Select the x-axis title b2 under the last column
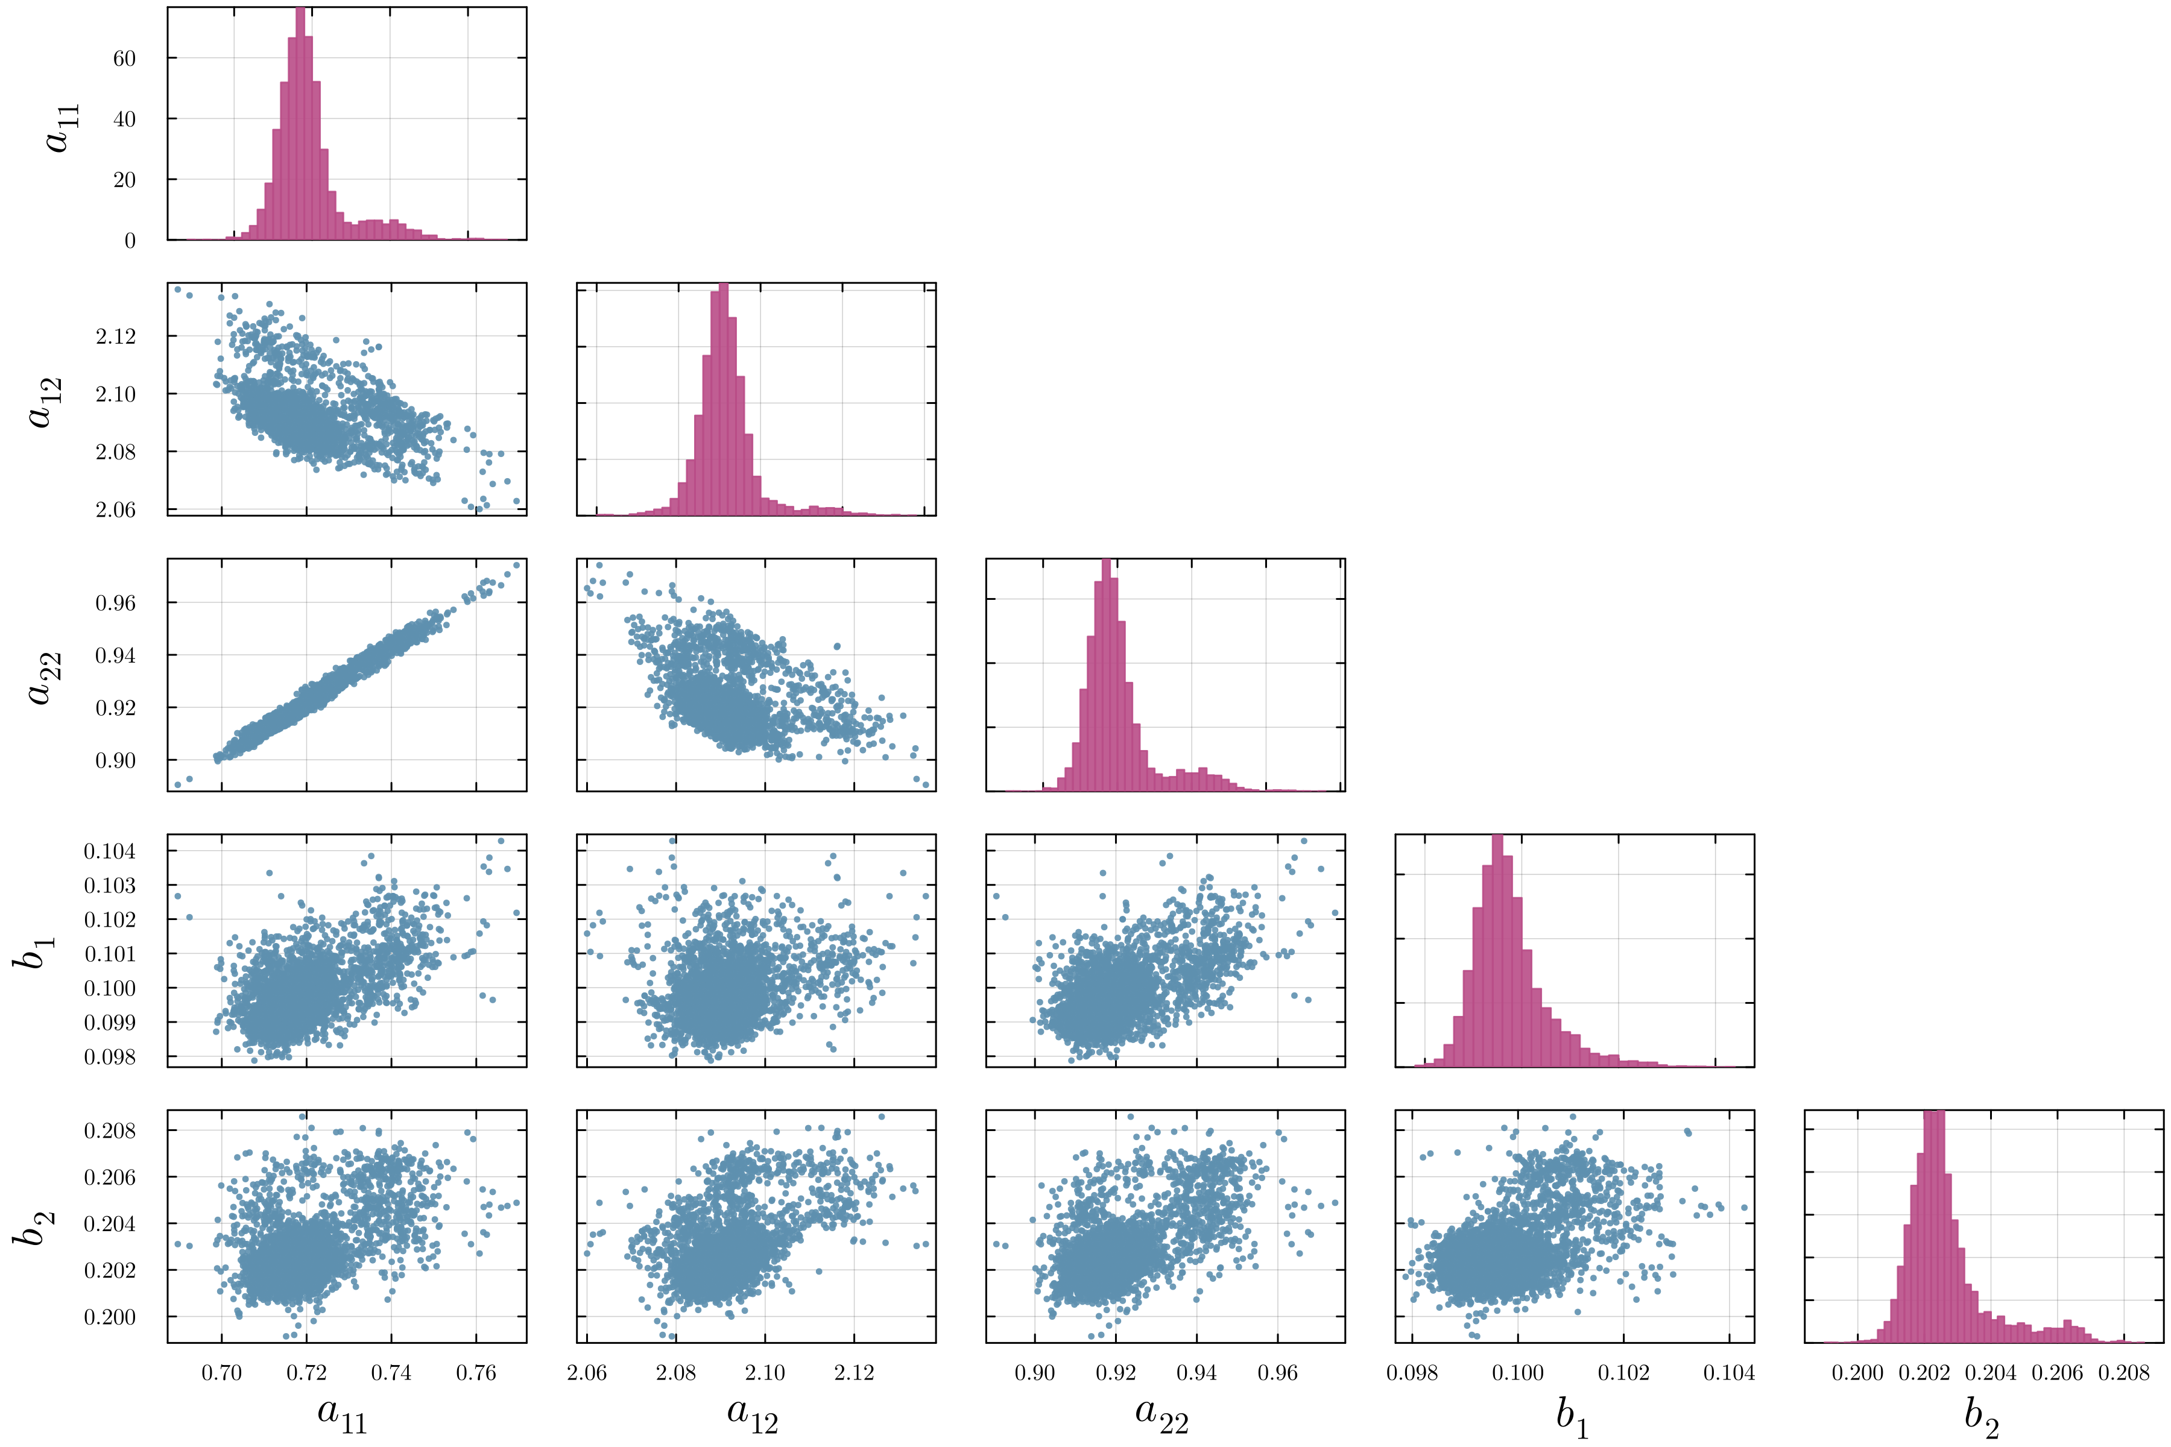point(1982,1416)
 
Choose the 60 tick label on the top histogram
point(124,58)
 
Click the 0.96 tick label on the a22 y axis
point(115,602)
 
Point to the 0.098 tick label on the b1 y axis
point(110,1058)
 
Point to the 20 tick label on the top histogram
point(124,180)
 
